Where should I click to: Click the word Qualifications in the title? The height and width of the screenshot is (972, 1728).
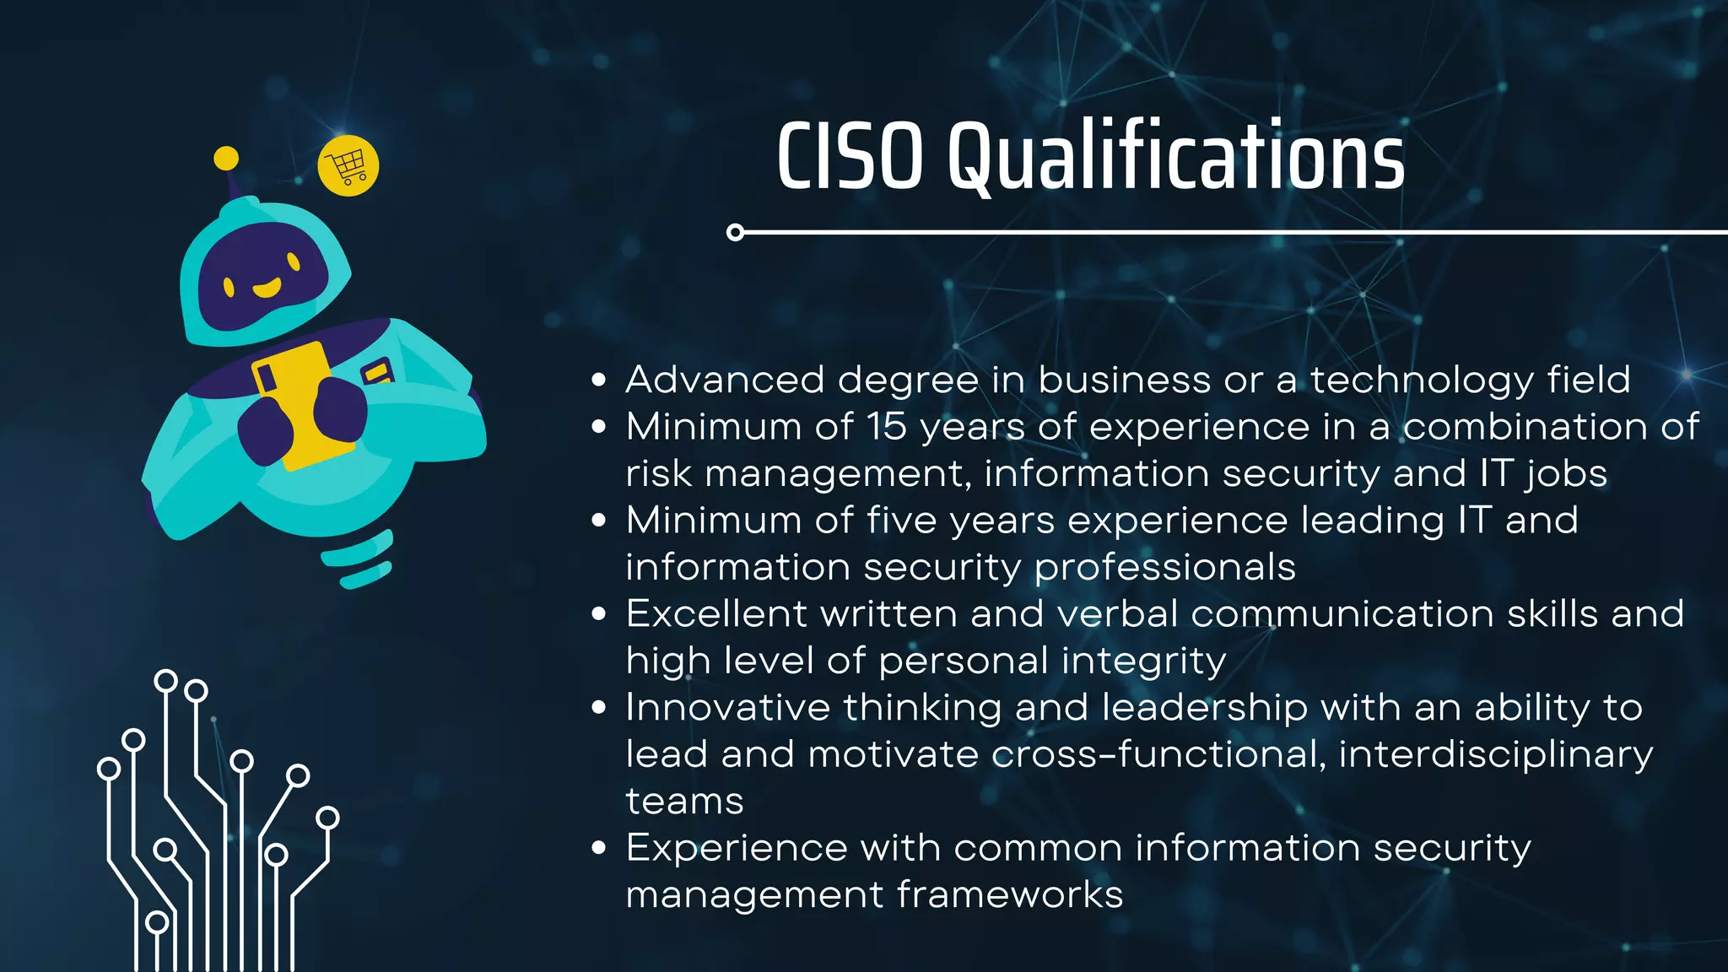click(x=1176, y=157)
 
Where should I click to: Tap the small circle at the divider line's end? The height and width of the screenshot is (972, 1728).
click(x=735, y=232)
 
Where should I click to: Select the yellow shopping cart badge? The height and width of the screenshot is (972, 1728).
click(x=348, y=166)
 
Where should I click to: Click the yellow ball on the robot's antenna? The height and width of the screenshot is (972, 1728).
click(x=226, y=158)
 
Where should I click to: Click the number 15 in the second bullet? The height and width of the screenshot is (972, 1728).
click(x=886, y=427)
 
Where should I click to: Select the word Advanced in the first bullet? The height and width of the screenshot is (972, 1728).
click(x=725, y=380)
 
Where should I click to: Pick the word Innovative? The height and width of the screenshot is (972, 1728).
click(x=727, y=707)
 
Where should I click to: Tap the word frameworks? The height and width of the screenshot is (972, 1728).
click(x=1010, y=894)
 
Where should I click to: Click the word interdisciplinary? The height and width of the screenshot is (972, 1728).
click(x=1495, y=754)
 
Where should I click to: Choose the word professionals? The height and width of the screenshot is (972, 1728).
click(x=1164, y=567)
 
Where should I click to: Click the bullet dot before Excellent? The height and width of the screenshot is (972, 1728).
click(x=599, y=613)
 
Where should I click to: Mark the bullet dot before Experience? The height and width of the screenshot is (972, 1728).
click(x=599, y=848)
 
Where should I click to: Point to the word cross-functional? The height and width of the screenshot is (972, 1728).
click(x=1154, y=754)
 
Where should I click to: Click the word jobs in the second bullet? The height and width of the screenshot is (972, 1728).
click(x=1566, y=474)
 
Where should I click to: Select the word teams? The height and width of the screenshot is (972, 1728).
click(x=684, y=802)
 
